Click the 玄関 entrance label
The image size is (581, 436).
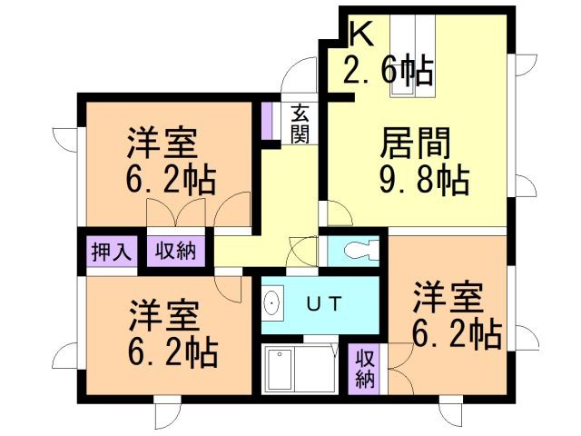click(x=300, y=124)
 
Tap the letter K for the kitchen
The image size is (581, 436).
click(x=360, y=35)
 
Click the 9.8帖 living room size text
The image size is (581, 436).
click(x=423, y=181)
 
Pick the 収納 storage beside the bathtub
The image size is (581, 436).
click(x=364, y=368)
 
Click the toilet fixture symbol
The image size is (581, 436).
click(x=356, y=251)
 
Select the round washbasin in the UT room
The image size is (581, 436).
click(x=272, y=302)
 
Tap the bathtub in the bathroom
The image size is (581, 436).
click(x=298, y=367)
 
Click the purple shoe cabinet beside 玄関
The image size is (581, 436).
click(x=266, y=120)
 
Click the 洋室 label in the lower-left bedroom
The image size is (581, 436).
click(x=162, y=315)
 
